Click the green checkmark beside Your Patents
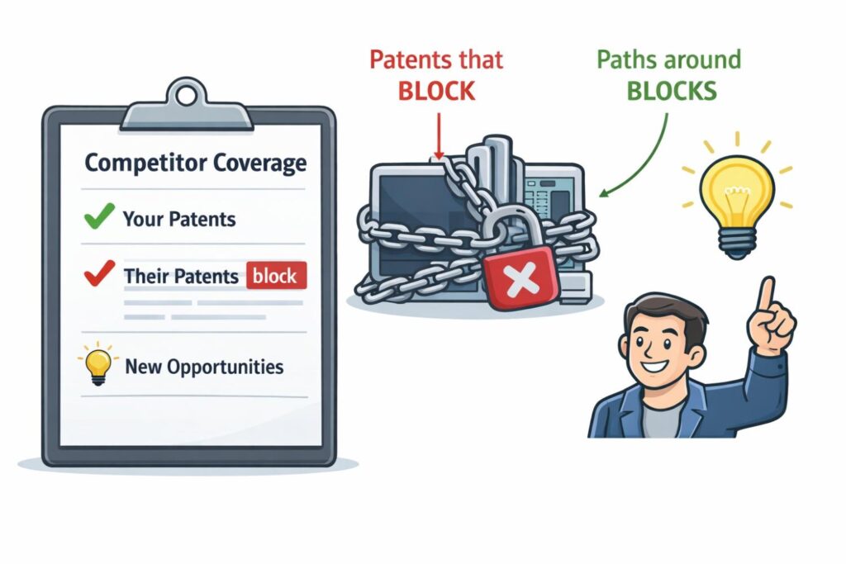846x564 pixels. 99,219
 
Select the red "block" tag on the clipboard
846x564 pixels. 276,276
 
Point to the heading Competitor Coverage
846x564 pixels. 195,162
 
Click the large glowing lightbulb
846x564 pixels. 728,193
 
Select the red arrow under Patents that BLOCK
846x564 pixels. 438,132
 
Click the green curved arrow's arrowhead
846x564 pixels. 604,193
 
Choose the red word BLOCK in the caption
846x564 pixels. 436,91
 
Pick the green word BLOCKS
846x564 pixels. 671,91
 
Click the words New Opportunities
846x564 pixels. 203,367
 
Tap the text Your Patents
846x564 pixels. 178,219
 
